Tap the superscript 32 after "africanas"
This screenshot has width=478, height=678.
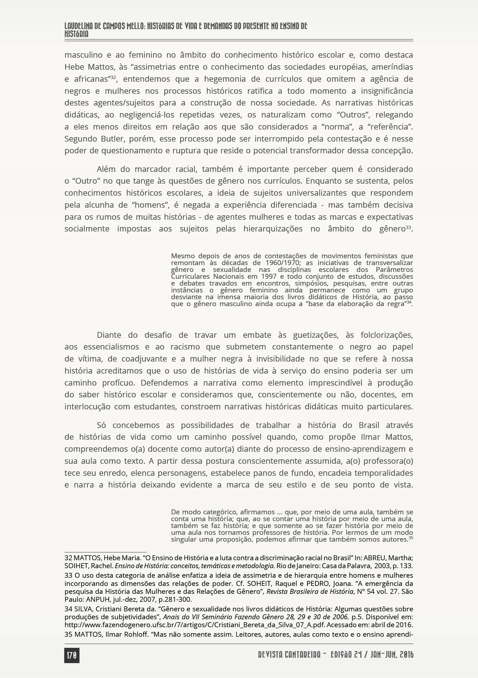pos(113,77)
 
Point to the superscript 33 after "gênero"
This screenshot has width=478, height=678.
pos(409,227)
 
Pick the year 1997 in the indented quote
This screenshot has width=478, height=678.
pos(269,277)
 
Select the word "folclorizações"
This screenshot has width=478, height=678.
pos(386,335)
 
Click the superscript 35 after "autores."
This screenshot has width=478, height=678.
pos(411,538)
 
